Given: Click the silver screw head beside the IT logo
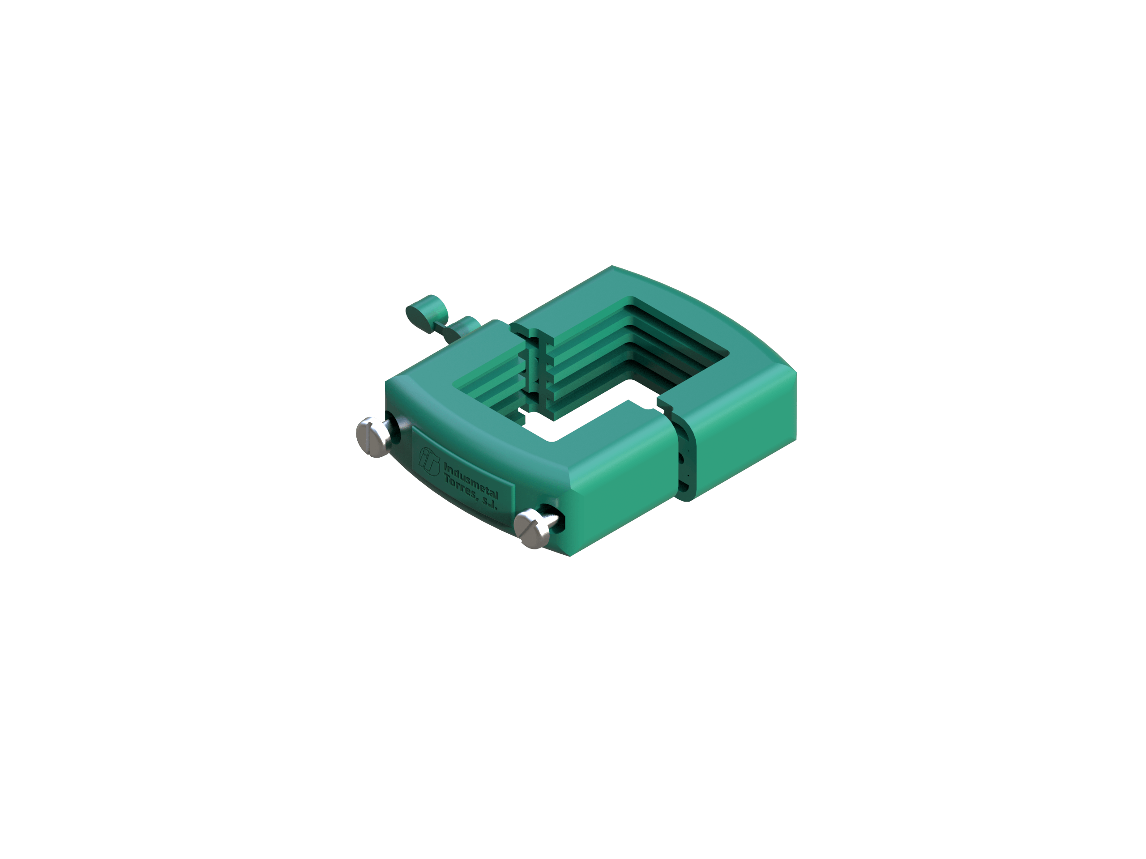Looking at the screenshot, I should point(373,437).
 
